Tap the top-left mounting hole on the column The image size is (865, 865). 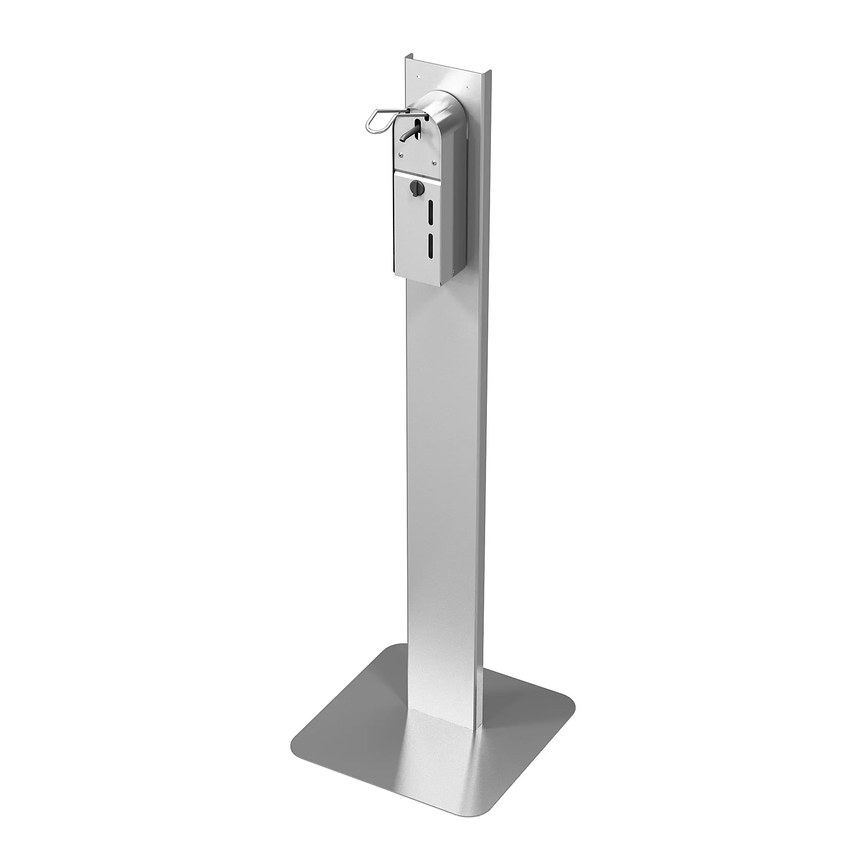pyautogui.click(x=418, y=76)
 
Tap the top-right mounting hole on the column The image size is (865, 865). pyautogui.click(x=468, y=88)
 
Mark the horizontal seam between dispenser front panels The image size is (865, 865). pyautogui.click(x=416, y=173)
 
